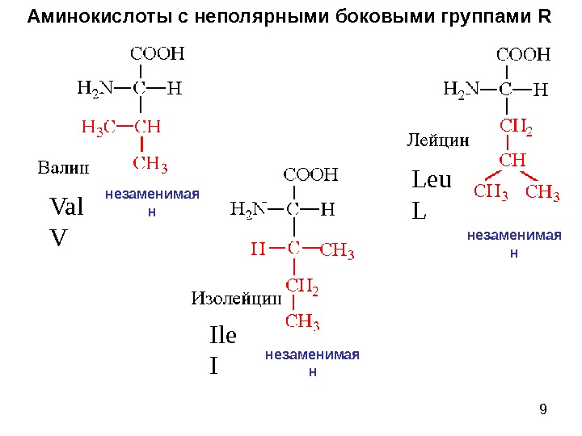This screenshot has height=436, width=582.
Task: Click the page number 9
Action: [x=542, y=409]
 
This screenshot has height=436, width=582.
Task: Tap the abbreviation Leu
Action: [x=432, y=179]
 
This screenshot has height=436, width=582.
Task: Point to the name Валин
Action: [x=63, y=169]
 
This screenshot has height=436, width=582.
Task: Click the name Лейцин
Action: [x=436, y=140]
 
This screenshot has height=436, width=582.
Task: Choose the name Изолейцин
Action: [x=235, y=299]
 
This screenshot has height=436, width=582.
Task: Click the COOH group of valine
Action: [x=158, y=55]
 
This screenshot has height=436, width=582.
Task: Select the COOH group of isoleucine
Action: [x=310, y=174]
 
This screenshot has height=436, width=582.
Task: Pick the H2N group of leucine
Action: [x=462, y=89]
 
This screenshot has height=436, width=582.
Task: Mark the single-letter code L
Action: [x=419, y=211]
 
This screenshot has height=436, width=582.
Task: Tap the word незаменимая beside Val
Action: [x=152, y=195]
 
